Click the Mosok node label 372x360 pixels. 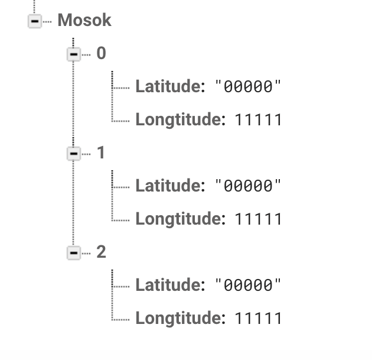84,21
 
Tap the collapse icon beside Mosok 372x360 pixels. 34,21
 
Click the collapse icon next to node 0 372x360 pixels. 73,54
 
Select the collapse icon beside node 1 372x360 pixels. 73,154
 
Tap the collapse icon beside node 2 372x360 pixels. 73,253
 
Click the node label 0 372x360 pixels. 101,54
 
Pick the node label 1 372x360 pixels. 101,153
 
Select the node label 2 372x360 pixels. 101,252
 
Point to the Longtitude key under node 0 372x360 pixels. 180,120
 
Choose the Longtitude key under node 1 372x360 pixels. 180,219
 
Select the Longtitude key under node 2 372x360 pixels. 180,319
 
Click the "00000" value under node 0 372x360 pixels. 248,87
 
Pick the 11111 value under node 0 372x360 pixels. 258,121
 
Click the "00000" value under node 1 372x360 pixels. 248,187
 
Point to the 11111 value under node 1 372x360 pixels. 258,220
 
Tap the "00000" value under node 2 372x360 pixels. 248,286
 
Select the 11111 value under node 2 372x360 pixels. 258,319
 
